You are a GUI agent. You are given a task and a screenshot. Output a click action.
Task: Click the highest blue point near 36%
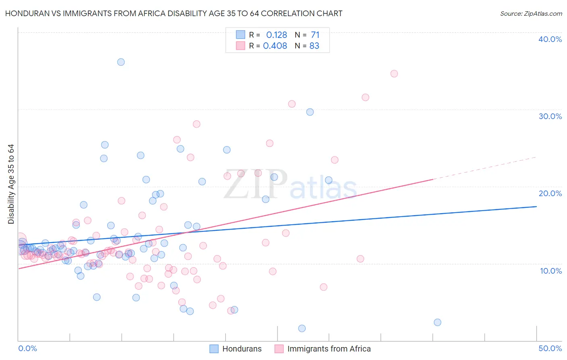(121, 62)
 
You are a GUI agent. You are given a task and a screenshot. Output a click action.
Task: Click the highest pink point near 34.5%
(394, 74)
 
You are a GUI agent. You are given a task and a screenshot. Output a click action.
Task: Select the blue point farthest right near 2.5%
(438, 322)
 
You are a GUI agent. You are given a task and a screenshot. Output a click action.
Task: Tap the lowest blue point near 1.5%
(302, 329)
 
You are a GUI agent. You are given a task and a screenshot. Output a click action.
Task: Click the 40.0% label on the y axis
(550, 39)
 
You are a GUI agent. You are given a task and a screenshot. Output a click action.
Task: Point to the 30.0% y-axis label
(550, 116)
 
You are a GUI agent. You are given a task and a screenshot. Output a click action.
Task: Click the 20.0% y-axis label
(550, 193)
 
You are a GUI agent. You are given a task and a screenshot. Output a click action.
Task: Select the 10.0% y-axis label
(551, 271)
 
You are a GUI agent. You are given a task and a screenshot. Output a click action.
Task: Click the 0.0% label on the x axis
(28, 348)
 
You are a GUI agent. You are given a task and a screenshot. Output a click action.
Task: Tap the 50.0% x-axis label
(550, 348)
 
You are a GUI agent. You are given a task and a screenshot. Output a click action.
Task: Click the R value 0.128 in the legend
(277, 35)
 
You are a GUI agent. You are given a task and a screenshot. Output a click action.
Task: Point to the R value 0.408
(275, 46)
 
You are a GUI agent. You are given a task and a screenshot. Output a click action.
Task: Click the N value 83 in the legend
(314, 46)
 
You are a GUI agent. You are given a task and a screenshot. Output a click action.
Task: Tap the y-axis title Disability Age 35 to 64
(11, 184)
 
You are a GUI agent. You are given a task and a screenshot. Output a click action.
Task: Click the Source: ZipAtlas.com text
(531, 14)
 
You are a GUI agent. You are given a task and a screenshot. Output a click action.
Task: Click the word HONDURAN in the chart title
(25, 14)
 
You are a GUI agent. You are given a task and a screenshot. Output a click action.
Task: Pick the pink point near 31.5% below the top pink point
(365, 97)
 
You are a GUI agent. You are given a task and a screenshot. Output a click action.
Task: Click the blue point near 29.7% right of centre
(310, 112)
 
